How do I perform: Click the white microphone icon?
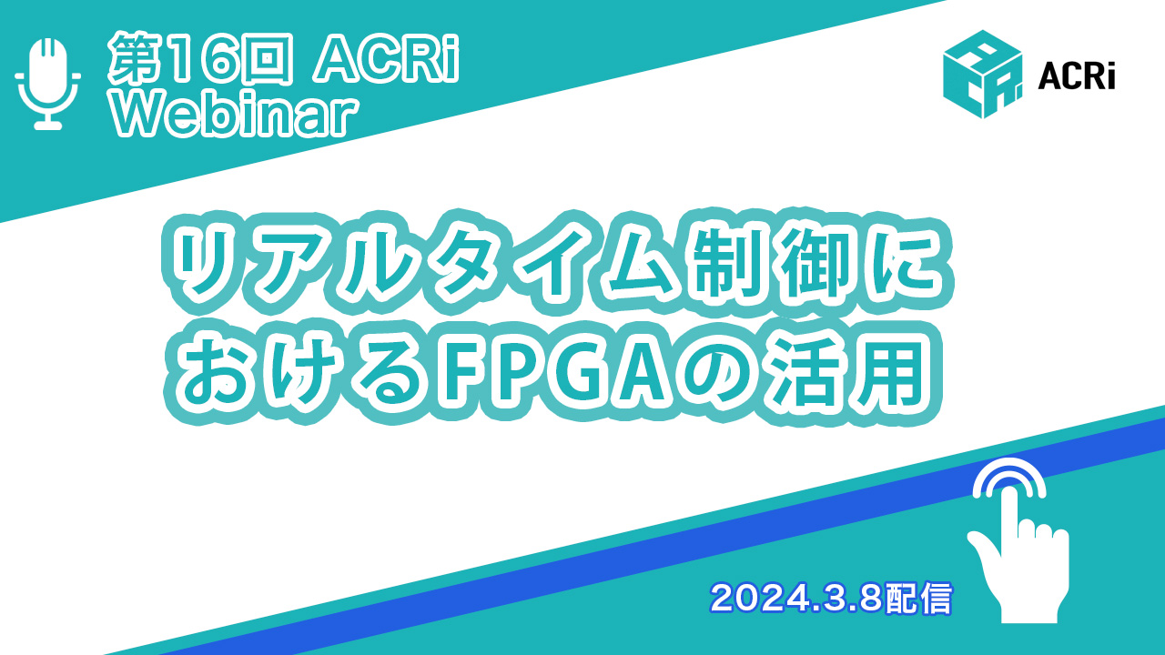coord(48,83)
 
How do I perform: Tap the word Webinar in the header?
coord(235,116)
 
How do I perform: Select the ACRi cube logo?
coord(982,74)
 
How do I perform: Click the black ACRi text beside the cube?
coord(1076,78)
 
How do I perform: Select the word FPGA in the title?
coord(552,373)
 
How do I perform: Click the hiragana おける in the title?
coord(303,373)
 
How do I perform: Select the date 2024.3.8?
coord(796,598)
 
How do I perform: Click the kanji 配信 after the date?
coord(918,598)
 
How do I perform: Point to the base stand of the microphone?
coord(48,125)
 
